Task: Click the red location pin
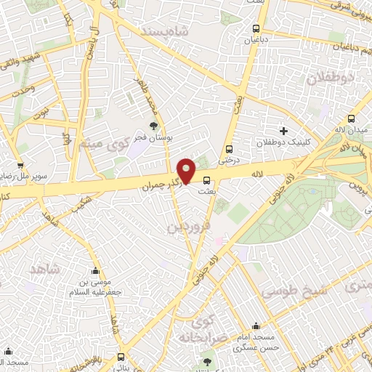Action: coord(187,171)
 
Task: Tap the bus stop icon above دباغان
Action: coord(254,29)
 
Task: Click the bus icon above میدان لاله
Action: coord(352,118)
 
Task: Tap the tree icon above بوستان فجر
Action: coord(152,126)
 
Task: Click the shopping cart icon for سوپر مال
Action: coord(20,165)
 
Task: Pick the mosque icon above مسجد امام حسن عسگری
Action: coord(255,327)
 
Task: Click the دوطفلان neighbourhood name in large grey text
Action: coord(325,78)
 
